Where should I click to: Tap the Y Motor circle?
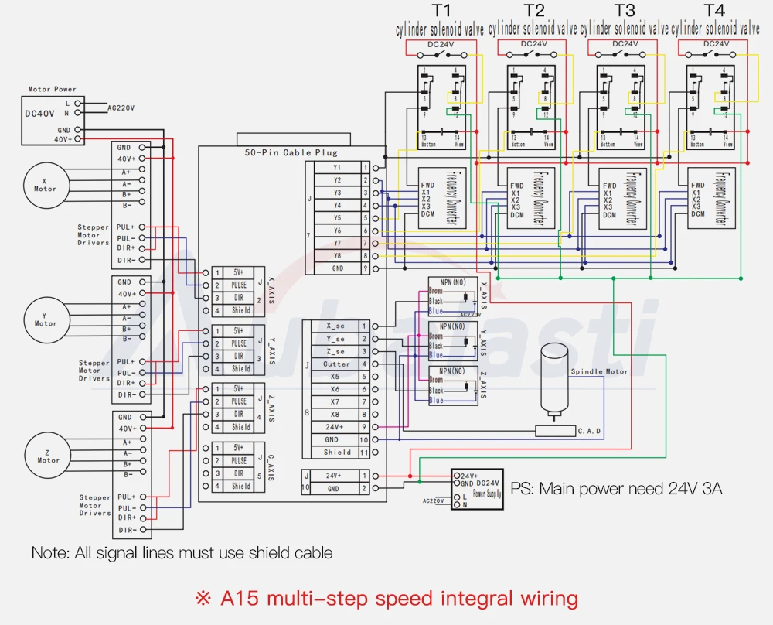click(x=45, y=319)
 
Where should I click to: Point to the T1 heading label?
click(x=441, y=11)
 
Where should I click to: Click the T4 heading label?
click(x=716, y=11)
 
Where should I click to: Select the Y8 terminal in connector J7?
click(x=337, y=255)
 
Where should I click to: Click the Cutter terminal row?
click(x=336, y=364)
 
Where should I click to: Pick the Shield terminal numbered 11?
click(x=337, y=452)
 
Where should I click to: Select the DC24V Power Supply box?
click(x=476, y=489)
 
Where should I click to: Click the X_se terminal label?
click(x=336, y=326)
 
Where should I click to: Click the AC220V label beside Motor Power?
click(x=121, y=108)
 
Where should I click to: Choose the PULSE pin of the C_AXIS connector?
click(x=240, y=460)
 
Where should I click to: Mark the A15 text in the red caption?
click(x=238, y=598)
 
